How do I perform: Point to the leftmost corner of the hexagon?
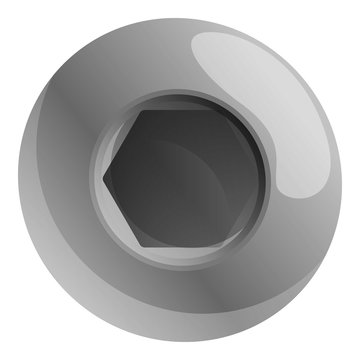click(x=105, y=178)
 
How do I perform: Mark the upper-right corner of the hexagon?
click(x=218, y=111)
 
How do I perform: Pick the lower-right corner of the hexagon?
click(x=218, y=244)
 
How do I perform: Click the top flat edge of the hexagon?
click(x=180, y=111)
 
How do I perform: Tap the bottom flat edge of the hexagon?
click(x=180, y=244)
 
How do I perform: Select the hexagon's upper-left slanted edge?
click(x=122, y=144)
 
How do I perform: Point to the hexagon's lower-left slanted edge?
click(x=122, y=212)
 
